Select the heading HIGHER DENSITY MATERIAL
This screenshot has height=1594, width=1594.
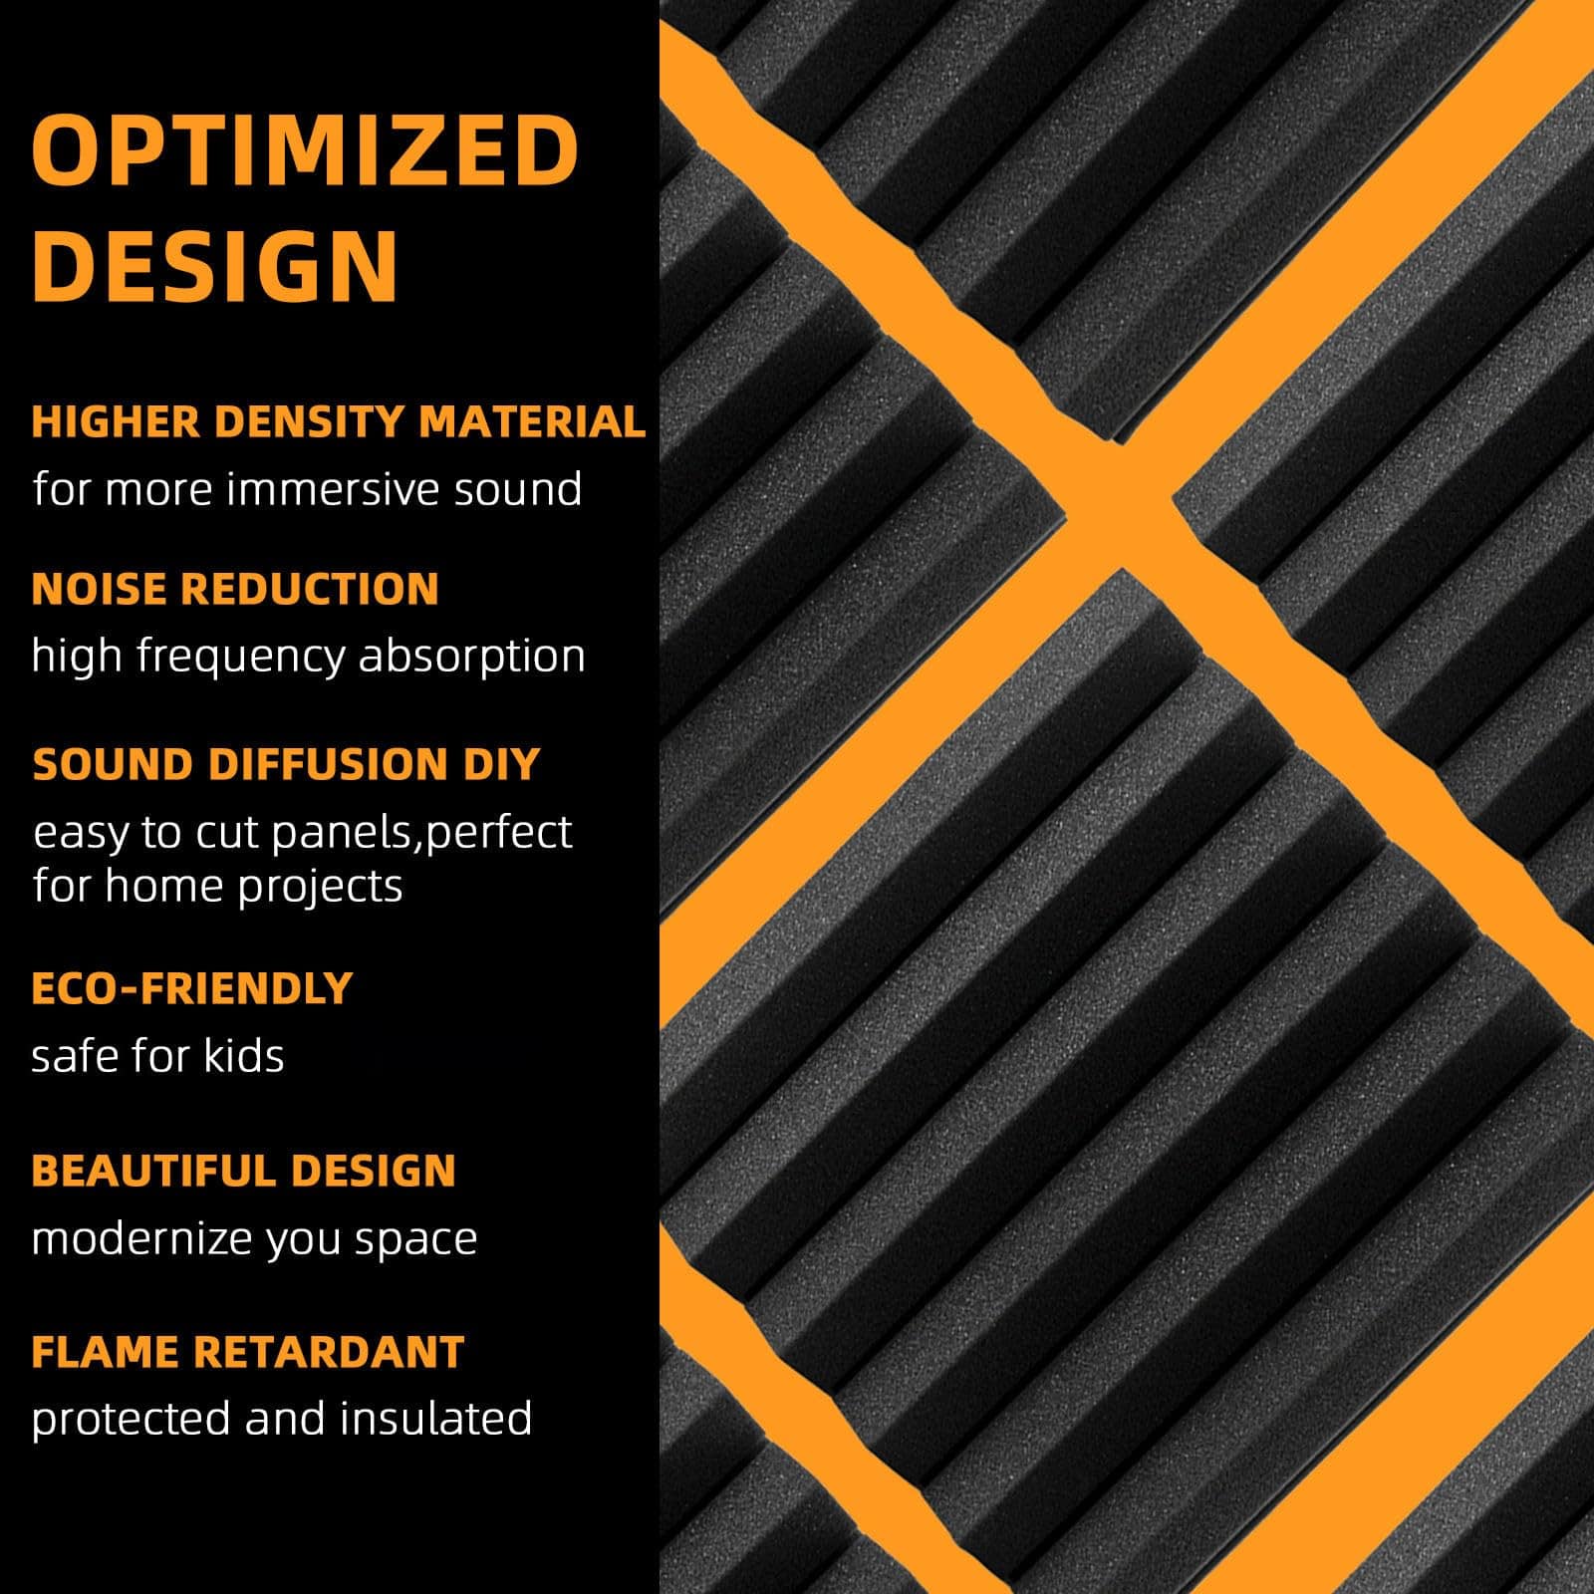click(339, 421)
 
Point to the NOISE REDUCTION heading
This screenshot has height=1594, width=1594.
click(235, 589)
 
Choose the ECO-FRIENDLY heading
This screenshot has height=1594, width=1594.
click(192, 988)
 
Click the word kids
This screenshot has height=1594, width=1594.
click(243, 1055)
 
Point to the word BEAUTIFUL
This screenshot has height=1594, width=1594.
click(146, 1171)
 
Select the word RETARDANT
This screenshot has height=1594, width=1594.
click(329, 1352)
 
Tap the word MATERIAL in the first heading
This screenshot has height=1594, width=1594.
click(532, 421)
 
